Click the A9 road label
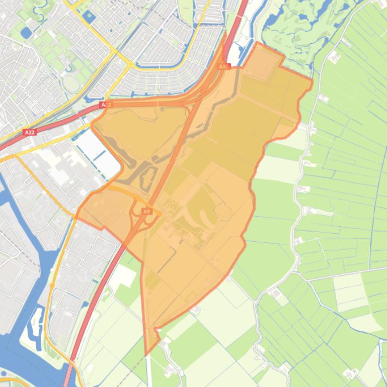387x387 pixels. [x=147, y=212]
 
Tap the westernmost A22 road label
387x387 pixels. [x=29, y=132]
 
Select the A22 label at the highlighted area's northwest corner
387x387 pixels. [x=105, y=105]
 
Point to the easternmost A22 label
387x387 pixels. [x=224, y=66]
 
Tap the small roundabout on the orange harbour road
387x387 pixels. [x=52, y=285]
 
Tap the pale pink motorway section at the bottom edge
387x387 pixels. [x=67, y=379]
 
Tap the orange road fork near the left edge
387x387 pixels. [x=15, y=156]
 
